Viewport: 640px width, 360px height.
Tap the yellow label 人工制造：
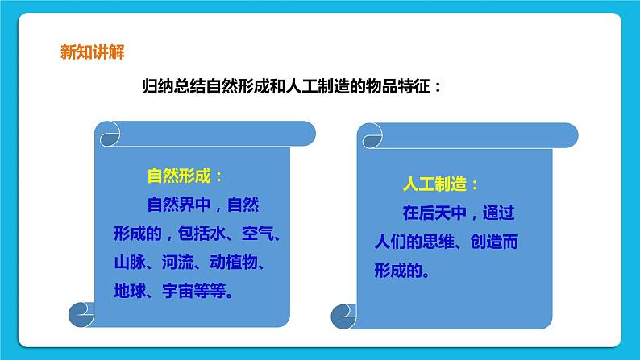[x=440, y=184]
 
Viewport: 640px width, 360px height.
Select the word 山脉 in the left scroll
[x=128, y=263]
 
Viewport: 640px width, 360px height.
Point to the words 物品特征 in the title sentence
[x=391, y=87]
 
